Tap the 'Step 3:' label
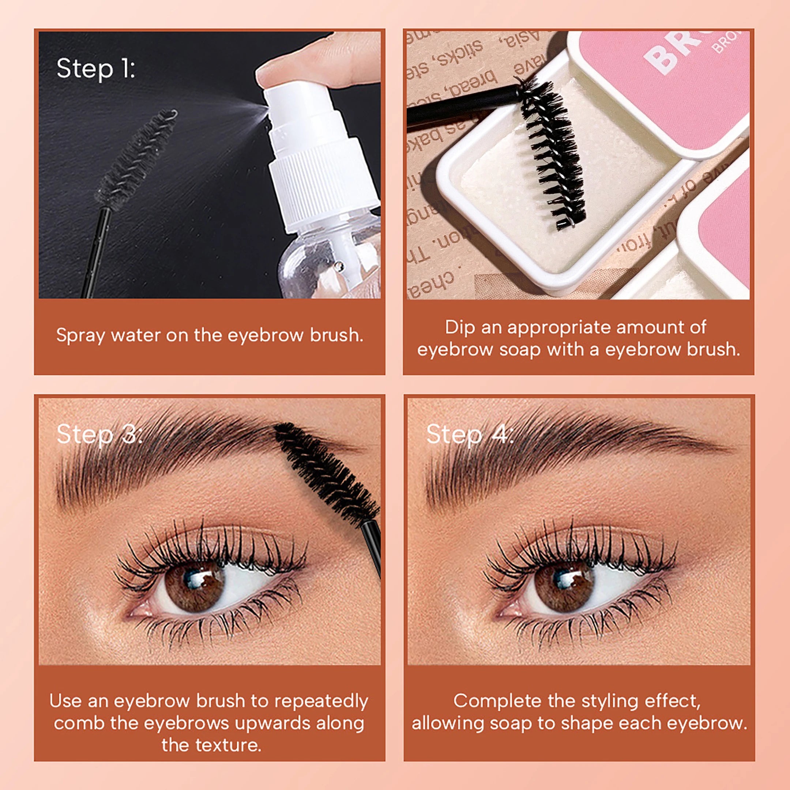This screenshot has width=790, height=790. click(x=99, y=434)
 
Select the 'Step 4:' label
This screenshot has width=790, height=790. click(x=469, y=434)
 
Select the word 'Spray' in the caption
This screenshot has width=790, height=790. click(x=80, y=336)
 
